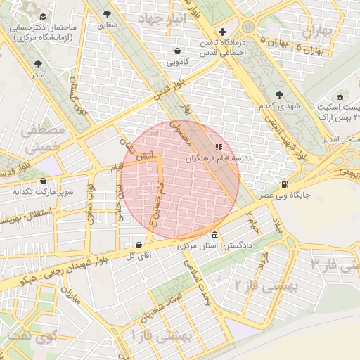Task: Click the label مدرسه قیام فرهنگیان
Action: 219,160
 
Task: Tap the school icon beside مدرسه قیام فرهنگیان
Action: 218,148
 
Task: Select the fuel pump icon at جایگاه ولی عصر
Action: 284,184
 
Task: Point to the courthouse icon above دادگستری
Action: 214,235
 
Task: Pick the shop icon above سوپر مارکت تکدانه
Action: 44,180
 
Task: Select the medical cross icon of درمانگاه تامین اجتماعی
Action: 223,32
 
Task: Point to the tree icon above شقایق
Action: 107,13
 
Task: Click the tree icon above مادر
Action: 37,63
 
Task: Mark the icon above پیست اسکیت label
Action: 341,96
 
